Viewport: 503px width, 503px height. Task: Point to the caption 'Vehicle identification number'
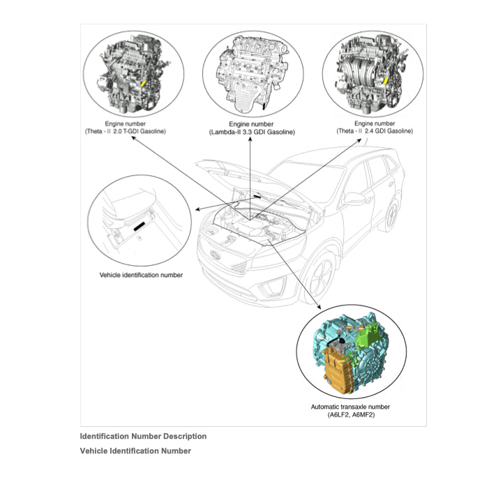[x=141, y=275]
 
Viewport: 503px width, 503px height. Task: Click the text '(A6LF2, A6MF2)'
[x=350, y=415]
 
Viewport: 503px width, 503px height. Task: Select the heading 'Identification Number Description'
[x=143, y=437]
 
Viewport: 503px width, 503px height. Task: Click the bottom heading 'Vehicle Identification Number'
[x=135, y=451]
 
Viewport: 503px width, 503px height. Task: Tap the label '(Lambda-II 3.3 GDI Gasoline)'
[x=252, y=132]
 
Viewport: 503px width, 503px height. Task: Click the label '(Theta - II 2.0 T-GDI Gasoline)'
[x=126, y=131]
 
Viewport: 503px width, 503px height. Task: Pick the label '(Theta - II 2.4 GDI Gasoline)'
[x=374, y=131]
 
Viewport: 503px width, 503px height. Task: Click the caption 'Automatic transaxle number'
[x=350, y=407]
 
